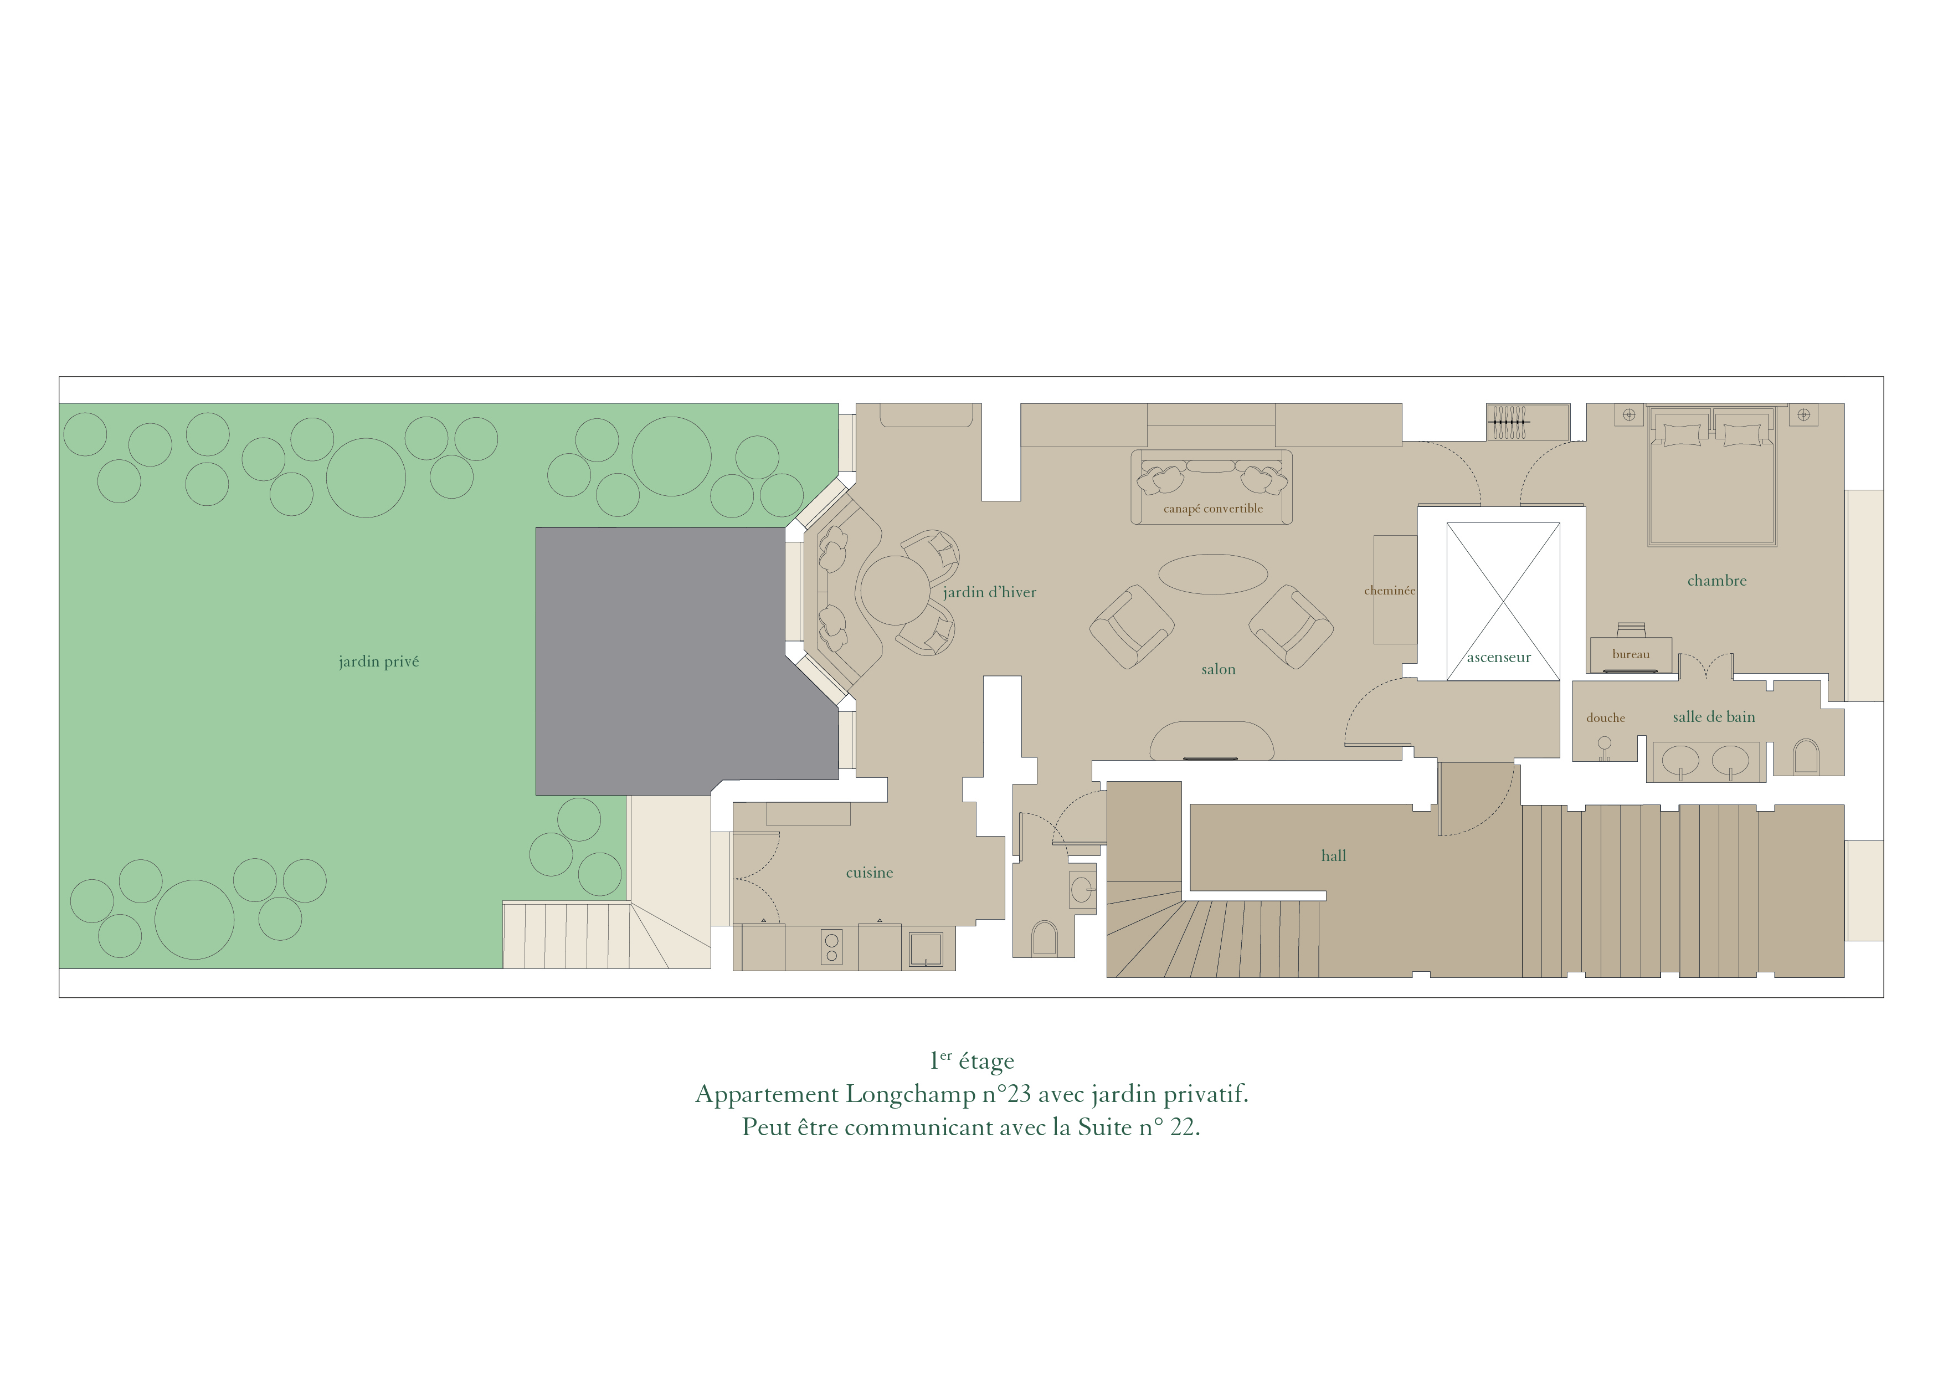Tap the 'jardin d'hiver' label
click(x=989, y=593)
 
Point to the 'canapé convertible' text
click(x=1212, y=509)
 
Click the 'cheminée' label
click(x=1390, y=591)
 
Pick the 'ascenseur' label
click(x=1499, y=658)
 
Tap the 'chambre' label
click(x=1717, y=581)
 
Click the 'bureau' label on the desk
click(x=1631, y=654)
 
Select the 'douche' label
click(x=1605, y=718)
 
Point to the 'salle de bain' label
click(x=1714, y=717)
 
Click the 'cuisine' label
click(x=869, y=873)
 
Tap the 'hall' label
click(x=1334, y=856)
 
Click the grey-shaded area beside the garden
click(x=669, y=660)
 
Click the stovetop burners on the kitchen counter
click(x=831, y=947)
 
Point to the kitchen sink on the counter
click(x=926, y=949)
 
